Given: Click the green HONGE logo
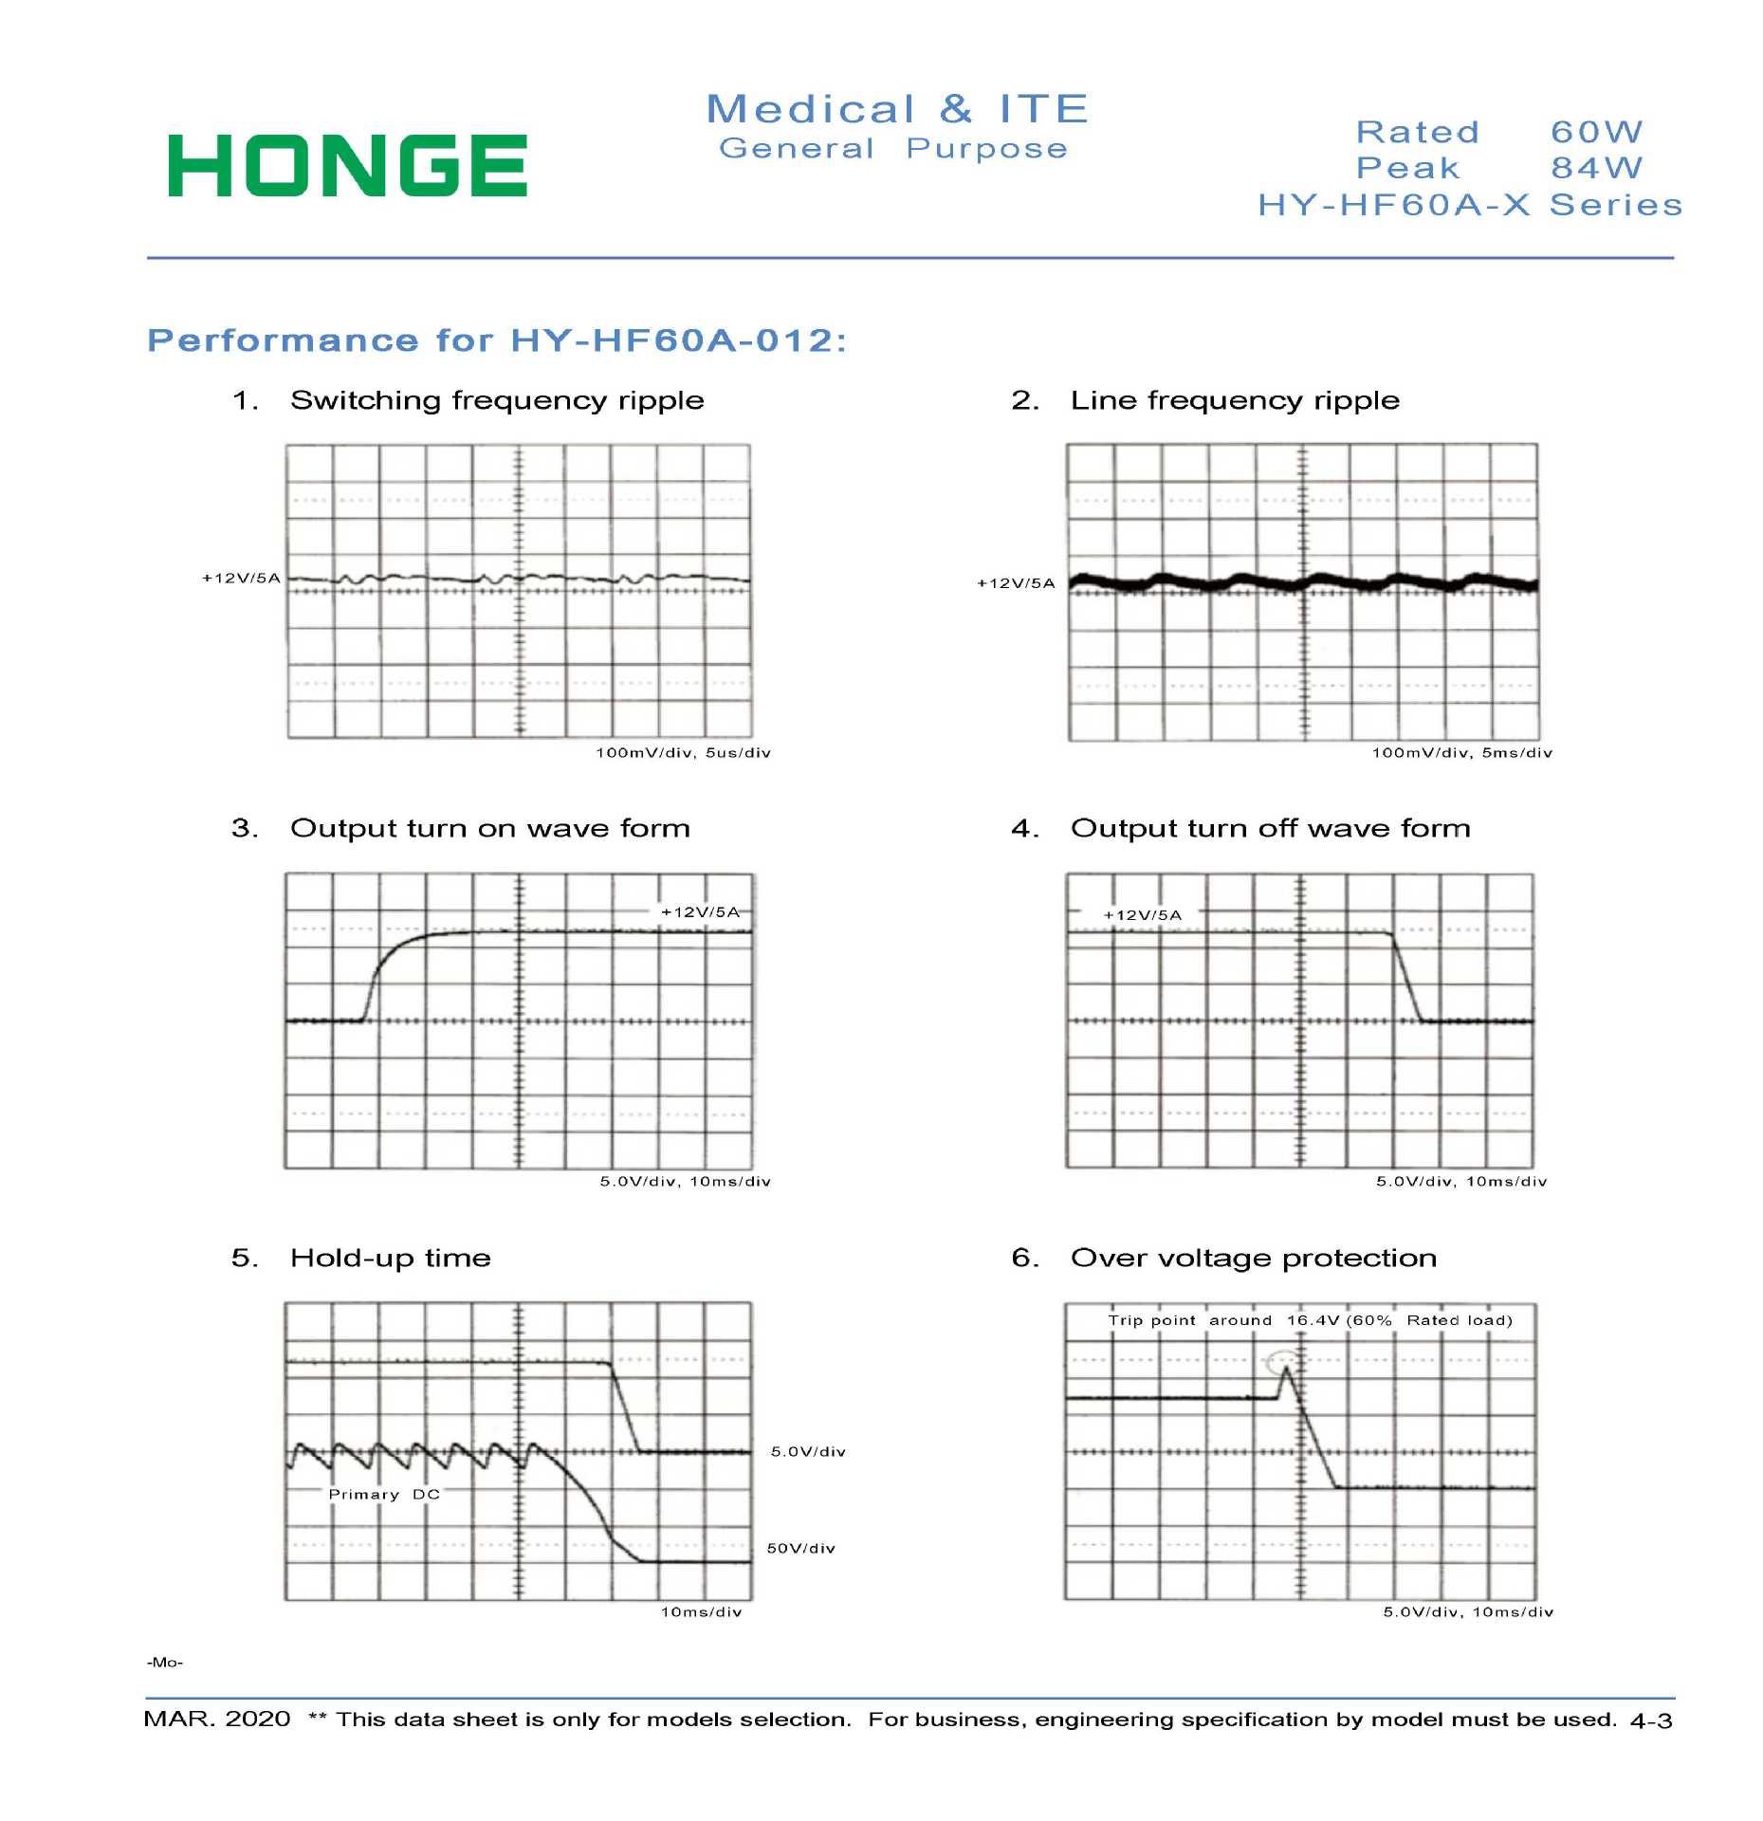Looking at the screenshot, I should tap(347, 166).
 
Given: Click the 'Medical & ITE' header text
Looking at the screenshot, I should tap(897, 109).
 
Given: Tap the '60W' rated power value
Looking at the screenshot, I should tap(1596, 132).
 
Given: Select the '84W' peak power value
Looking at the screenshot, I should tap(1596, 168).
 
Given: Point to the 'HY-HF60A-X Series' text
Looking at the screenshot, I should tap(1469, 205).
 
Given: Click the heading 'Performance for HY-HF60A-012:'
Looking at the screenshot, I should tap(497, 340).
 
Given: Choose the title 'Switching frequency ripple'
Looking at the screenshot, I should tap(497, 400).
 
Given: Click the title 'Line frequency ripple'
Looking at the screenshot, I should tap(1235, 400).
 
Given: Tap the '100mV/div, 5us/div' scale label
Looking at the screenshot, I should tap(683, 753).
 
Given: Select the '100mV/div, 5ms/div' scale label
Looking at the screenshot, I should tap(1461, 753).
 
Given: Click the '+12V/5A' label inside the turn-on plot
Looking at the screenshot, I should tap(700, 912).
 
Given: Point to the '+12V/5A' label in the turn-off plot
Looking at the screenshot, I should tap(1143, 915).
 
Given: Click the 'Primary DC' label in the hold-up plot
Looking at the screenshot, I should tap(384, 1495).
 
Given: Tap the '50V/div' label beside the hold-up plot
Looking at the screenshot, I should tap(800, 1549).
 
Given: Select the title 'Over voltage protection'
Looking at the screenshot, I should tap(1253, 1259).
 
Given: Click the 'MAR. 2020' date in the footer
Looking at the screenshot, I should tap(217, 1720).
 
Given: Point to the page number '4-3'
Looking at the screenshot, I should tap(1651, 1720).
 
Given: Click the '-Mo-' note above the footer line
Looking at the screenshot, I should tap(165, 1663).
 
